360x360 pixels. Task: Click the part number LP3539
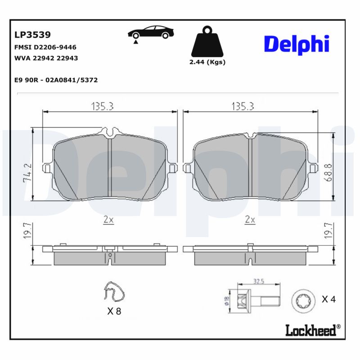[32, 35]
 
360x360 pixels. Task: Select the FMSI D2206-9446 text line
[45, 47]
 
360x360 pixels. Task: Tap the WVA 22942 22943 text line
[46, 58]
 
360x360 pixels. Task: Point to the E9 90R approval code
[56, 80]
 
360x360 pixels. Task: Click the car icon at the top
[150, 33]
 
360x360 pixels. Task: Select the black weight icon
[207, 43]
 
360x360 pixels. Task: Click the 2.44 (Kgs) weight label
[207, 62]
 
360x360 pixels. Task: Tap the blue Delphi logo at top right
[296, 44]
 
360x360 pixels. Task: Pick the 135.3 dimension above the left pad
[103, 106]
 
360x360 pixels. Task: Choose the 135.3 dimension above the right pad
[243, 106]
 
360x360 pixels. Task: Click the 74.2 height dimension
[27, 172]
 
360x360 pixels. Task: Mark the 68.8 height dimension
[328, 173]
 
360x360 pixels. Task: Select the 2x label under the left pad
[108, 220]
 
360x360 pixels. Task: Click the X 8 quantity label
[114, 311]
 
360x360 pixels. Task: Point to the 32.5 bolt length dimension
[258, 282]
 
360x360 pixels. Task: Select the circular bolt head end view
[300, 299]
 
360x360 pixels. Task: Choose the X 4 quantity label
[328, 299]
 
